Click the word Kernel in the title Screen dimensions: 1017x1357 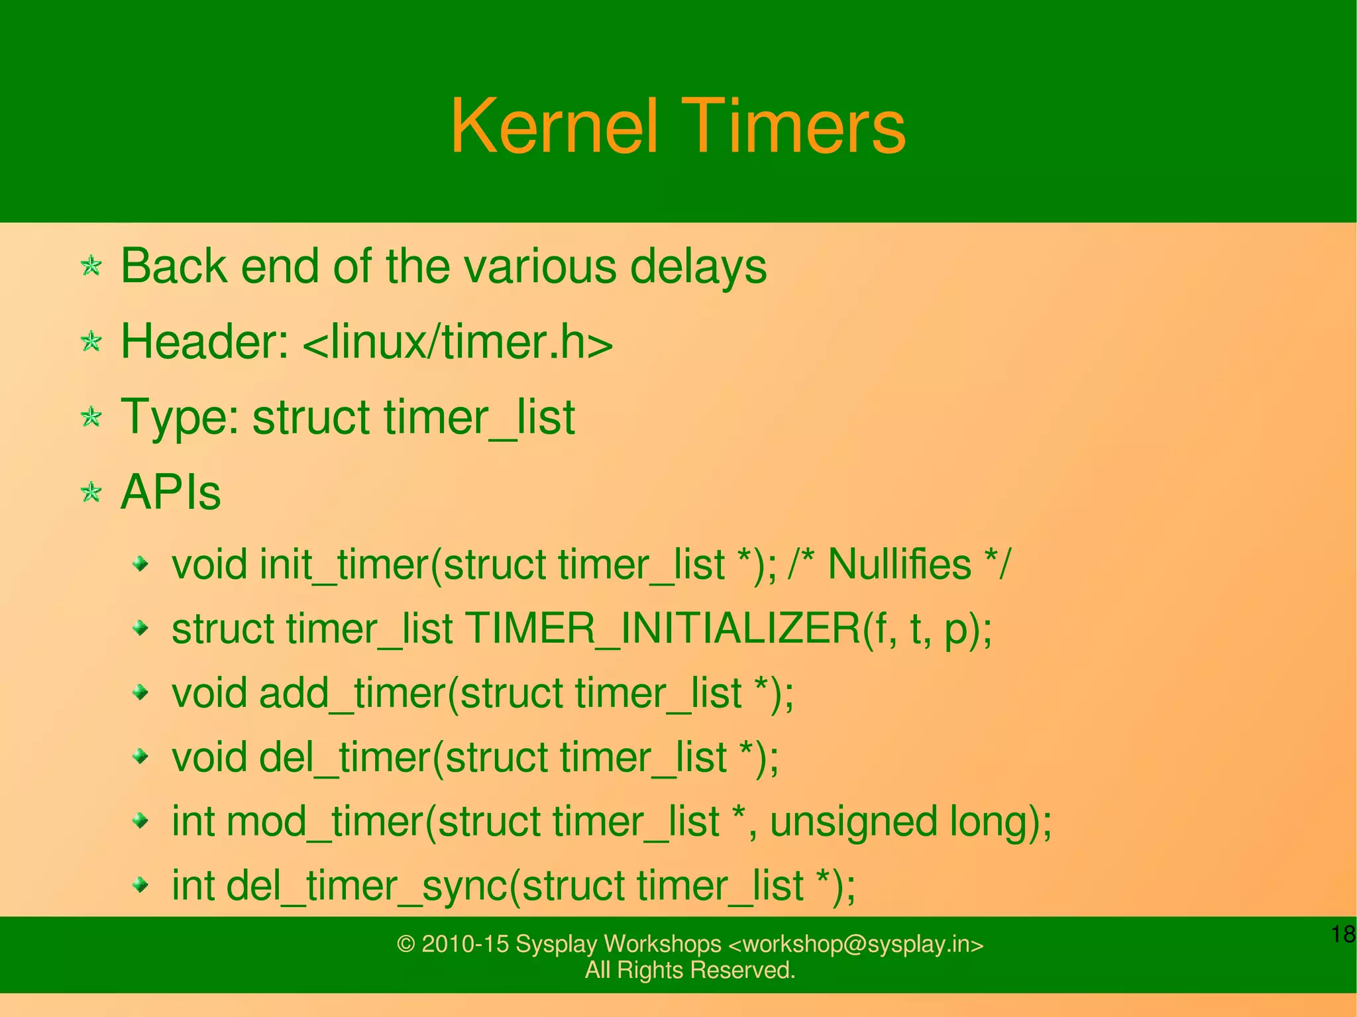555,126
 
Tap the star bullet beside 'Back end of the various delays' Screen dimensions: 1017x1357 91,266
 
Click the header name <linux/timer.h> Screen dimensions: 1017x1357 458,342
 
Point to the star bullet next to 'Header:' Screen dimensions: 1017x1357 91,342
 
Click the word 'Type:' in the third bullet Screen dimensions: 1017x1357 180,417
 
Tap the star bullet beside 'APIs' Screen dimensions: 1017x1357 91,493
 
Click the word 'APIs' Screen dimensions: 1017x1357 170,493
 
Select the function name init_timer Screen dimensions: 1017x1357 344,565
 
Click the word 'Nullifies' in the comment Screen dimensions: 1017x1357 899,565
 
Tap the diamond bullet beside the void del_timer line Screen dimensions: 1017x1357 140,756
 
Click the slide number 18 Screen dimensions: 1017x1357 1342,935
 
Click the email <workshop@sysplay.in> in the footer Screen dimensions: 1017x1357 855,944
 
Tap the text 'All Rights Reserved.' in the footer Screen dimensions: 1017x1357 690,970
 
